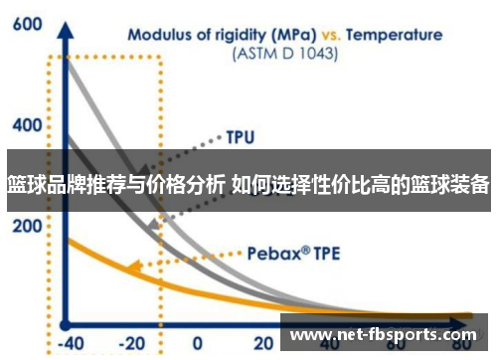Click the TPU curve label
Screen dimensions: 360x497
[x=241, y=134]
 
